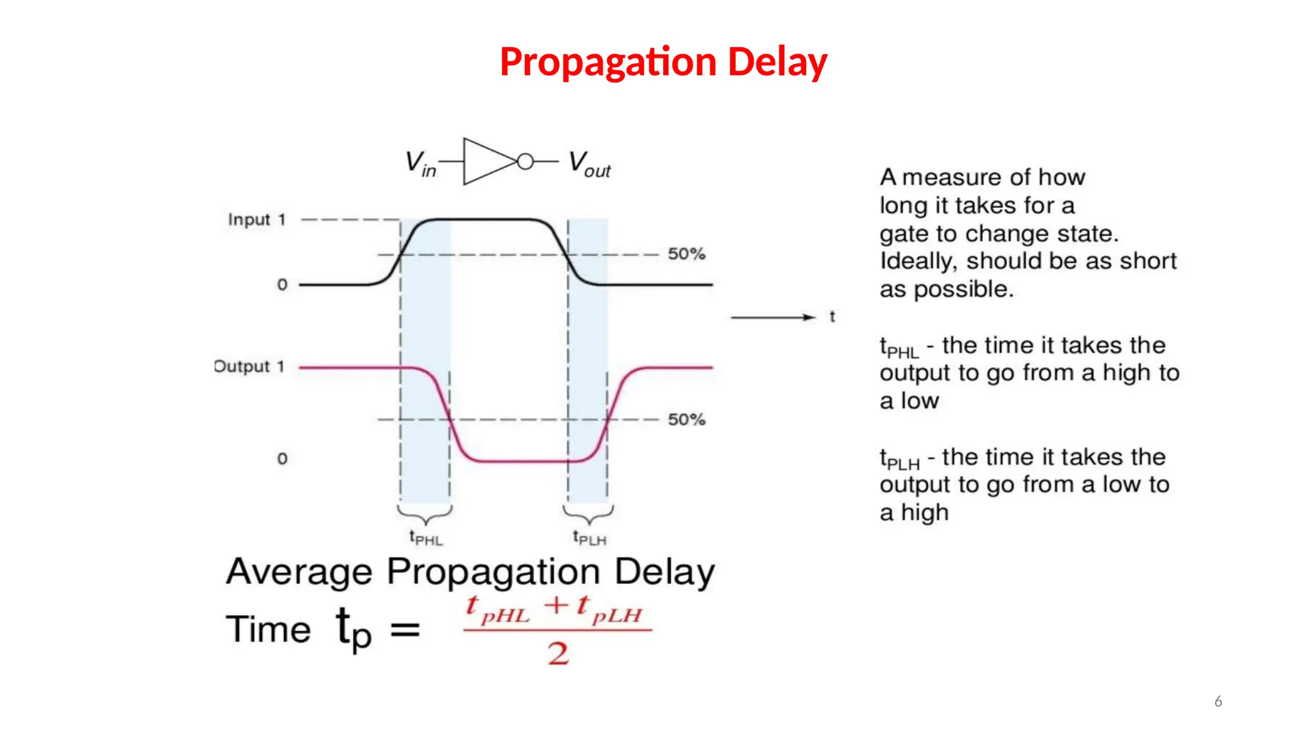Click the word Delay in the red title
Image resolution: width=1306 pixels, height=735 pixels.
[777, 63]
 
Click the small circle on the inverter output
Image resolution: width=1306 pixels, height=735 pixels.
[525, 162]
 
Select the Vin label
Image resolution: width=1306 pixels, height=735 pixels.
[420, 163]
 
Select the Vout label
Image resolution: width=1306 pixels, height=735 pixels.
[589, 163]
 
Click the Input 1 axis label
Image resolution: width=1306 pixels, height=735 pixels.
[256, 220]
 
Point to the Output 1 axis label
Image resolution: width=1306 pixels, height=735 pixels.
[249, 367]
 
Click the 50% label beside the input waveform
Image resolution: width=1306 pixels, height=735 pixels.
[686, 254]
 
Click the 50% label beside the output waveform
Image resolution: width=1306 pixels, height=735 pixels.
[686, 420]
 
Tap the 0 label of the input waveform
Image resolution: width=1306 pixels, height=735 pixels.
[282, 285]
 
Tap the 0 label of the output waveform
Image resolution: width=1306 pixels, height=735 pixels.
[282, 459]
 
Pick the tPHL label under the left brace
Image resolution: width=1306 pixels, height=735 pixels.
[425, 538]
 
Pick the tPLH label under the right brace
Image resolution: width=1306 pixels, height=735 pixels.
[589, 538]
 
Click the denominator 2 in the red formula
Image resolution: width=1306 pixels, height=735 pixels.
[558, 654]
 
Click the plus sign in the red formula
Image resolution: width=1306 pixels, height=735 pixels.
[557, 605]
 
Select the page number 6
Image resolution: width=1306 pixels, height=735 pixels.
[1218, 702]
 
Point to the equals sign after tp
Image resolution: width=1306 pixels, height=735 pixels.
[405, 630]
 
